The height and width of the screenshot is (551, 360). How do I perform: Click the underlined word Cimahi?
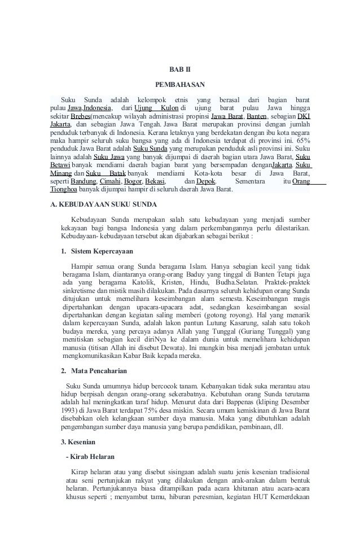point(110,181)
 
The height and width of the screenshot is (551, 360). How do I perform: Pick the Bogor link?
point(133,181)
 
